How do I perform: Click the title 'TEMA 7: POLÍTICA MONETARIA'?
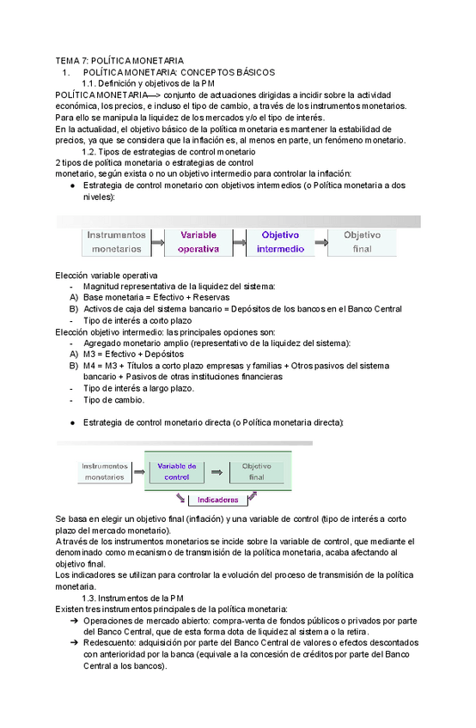point(119,61)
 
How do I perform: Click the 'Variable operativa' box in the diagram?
point(198,241)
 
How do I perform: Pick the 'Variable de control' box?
point(176,470)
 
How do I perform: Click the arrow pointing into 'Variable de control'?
point(137,471)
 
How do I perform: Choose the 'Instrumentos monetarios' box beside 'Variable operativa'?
point(115,241)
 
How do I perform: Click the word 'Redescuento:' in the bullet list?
point(111,642)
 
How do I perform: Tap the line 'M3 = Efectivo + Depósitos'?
point(133,354)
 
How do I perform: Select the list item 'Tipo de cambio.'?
point(114,399)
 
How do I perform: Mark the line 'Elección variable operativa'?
point(106,275)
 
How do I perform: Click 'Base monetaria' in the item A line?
point(114,297)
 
